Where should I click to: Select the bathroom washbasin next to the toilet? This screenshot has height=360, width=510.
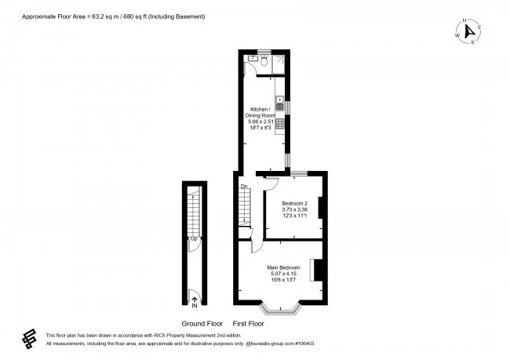252,58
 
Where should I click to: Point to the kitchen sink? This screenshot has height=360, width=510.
279,101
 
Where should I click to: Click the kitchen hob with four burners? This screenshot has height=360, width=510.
279,123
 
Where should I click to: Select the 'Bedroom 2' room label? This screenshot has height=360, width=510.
295,203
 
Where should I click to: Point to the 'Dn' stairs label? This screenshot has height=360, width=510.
244,186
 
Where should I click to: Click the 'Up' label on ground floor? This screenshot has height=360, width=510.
193,238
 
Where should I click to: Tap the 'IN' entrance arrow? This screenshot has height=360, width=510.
193,299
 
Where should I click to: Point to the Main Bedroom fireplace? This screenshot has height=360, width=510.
319,269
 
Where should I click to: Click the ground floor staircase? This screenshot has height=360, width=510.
193,212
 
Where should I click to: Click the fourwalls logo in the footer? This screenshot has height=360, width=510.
30,338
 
